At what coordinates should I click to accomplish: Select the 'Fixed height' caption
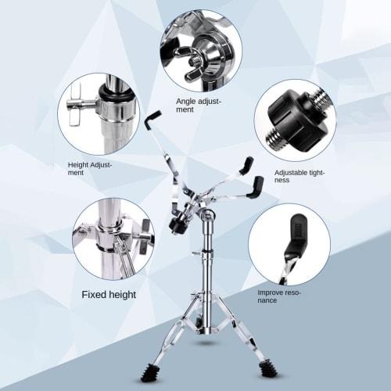109,295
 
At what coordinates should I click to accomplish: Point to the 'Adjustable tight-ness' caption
299,175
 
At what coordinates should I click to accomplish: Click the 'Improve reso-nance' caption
279,296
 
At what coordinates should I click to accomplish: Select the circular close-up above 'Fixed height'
114,239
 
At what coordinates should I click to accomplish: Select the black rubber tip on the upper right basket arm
246,163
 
